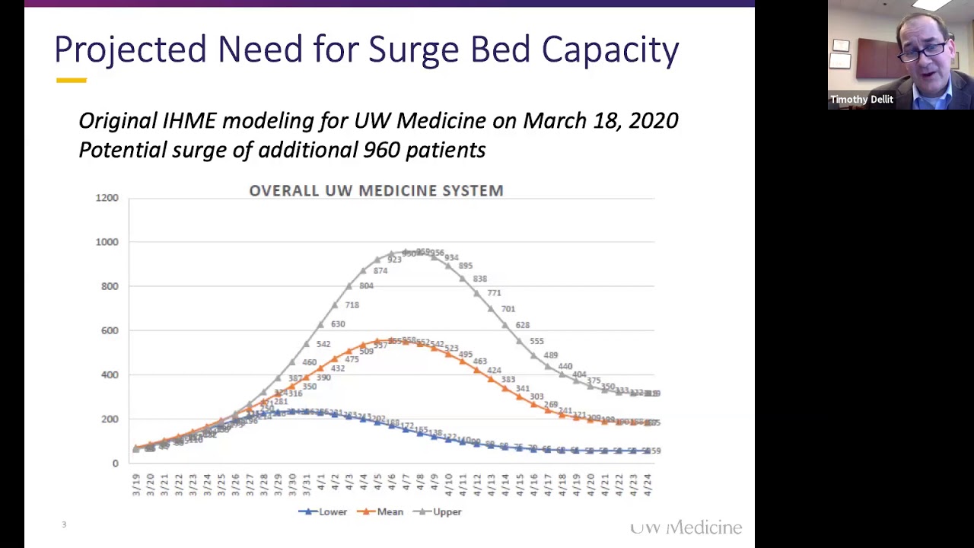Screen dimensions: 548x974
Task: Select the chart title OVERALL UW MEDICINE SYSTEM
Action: [x=376, y=190]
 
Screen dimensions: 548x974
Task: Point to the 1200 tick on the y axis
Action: [x=107, y=198]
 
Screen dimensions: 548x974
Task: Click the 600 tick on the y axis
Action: [x=110, y=330]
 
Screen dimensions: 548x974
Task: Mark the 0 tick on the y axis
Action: [x=116, y=463]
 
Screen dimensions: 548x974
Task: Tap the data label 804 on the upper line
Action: [x=366, y=286]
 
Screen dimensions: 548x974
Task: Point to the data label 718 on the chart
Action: [x=352, y=305]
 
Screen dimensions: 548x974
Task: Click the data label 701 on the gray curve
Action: [x=508, y=309]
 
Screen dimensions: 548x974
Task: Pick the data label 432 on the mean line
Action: [x=337, y=368]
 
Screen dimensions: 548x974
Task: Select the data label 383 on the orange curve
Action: [x=508, y=380]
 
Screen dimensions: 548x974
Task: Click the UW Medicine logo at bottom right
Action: [x=686, y=527]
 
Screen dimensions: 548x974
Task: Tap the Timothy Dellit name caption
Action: [x=861, y=100]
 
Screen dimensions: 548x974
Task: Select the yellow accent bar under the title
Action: [x=71, y=80]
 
